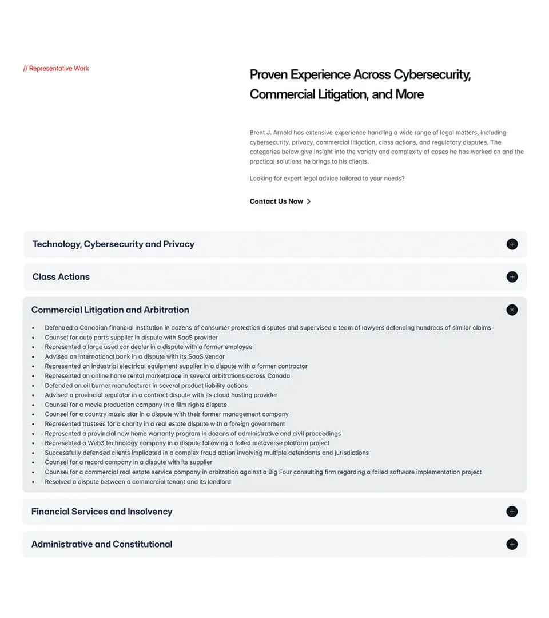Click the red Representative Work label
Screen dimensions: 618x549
click(x=56, y=69)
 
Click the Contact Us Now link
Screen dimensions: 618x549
click(x=276, y=201)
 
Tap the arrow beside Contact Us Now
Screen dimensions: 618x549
click(x=309, y=201)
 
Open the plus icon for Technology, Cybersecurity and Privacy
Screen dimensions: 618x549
click(x=512, y=244)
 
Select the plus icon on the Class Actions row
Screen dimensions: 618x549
click(x=512, y=277)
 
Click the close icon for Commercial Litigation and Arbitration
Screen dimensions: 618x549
click(x=512, y=310)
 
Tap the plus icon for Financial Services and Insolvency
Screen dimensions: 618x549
click(x=512, y=512)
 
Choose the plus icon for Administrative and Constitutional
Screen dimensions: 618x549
click(x=512, y=544)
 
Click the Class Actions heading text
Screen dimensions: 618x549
click(x=61, y=277)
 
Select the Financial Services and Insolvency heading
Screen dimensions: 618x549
click(x=102, y=512)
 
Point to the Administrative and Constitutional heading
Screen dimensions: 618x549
click(x=102, y=544)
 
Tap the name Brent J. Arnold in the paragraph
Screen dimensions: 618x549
click(x=270, y=133)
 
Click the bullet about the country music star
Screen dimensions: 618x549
click(x=166, y=414)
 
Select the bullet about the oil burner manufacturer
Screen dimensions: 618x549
click(x=146, y=386)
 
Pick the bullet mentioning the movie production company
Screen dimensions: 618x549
click(x=136, y=405)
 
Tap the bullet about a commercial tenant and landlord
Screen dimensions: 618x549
click(x=138, y=482)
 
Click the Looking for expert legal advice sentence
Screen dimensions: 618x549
click(x=327, y=179)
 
